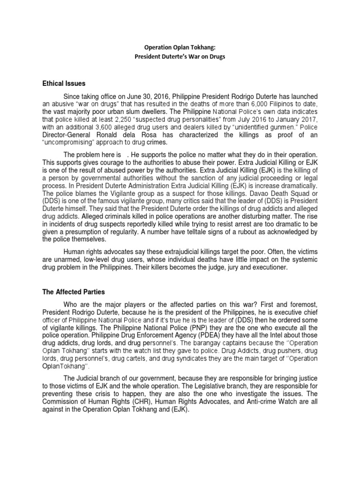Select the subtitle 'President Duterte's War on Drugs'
(x=180, y=57)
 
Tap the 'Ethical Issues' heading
(x=64, y=83)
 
